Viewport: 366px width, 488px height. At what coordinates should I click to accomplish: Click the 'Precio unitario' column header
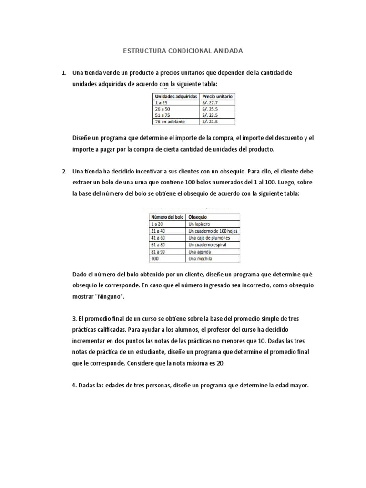(x=218, y=96)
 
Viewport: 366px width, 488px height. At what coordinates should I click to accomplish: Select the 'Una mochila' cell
(x=200, y=259)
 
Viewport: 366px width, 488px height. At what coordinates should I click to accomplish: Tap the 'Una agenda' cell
(x=199, y=252)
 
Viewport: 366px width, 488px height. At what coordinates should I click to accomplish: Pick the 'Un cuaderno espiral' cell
(x=207, y=245)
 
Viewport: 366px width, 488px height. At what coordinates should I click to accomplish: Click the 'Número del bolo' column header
(x=166, y=217)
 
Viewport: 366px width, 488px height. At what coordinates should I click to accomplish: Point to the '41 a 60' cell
(x=158, y=238)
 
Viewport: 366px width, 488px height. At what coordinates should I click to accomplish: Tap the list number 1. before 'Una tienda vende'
(x=63, y=73)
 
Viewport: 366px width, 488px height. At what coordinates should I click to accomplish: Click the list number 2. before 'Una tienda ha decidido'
(x=63, y=171)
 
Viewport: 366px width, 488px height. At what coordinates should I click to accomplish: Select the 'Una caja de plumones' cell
(x=209, y=238)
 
